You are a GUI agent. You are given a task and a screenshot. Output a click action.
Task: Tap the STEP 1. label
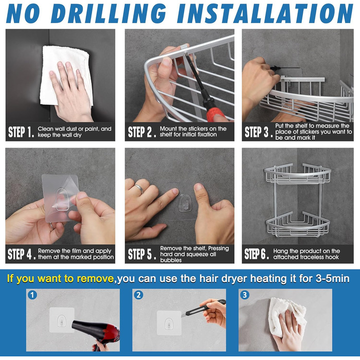tap(21, 132)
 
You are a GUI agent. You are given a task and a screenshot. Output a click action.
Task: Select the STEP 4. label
tap(22, 254)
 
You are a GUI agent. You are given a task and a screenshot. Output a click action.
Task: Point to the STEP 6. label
tap(257, 254)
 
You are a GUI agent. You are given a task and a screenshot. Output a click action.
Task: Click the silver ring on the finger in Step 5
tap(139, 189)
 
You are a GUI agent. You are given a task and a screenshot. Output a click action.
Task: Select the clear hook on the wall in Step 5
tap(184, 203)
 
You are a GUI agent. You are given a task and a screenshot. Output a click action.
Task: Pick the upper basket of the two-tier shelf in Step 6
tap(298, 174)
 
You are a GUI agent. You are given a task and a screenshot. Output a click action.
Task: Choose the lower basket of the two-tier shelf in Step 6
tap(298, 225)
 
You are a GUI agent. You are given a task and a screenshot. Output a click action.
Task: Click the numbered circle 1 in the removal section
tap(32, 295)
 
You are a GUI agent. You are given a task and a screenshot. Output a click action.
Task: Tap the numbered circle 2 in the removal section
tap(138, 295)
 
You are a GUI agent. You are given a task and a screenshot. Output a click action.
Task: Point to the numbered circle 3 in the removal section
tap(244, 295)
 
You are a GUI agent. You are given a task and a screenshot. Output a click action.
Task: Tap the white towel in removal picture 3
tap(287, 317)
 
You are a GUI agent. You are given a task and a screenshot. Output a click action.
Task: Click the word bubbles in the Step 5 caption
tap(171, 260)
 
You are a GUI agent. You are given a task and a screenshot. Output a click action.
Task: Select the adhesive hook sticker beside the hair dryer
tap(62, 320)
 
